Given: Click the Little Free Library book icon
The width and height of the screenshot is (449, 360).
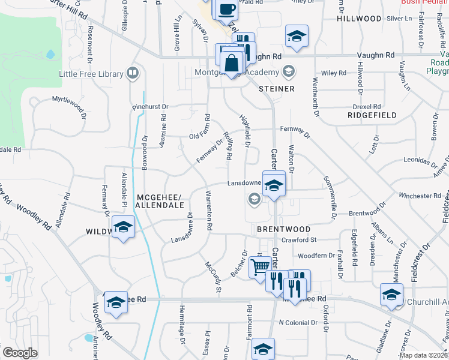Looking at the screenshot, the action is point(133,74).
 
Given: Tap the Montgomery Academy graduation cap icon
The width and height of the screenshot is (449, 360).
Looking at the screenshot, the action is point(288,73).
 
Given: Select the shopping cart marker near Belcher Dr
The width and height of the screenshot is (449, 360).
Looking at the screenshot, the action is point(261,266).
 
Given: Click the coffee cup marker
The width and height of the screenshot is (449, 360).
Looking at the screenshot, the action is point(227,10).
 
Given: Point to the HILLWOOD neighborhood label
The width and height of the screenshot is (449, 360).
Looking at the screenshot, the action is point(359,19).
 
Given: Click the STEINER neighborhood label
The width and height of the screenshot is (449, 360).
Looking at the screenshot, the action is point(277,89).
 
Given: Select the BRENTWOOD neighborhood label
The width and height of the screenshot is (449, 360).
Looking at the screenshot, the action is point(283,229).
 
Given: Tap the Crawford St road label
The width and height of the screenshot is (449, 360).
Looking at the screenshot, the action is point(298,240).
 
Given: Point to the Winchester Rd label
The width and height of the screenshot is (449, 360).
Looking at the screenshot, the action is point(420,196).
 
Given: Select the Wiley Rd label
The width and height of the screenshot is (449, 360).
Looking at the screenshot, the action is point(334,73).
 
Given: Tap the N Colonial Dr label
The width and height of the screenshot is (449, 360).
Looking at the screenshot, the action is point(298,323).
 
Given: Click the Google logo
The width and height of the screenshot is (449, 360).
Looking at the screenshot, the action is point(20,352).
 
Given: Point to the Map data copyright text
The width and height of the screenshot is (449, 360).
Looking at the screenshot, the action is point(423,355).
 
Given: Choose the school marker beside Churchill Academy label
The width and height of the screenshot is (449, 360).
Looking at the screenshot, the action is point(391,295).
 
